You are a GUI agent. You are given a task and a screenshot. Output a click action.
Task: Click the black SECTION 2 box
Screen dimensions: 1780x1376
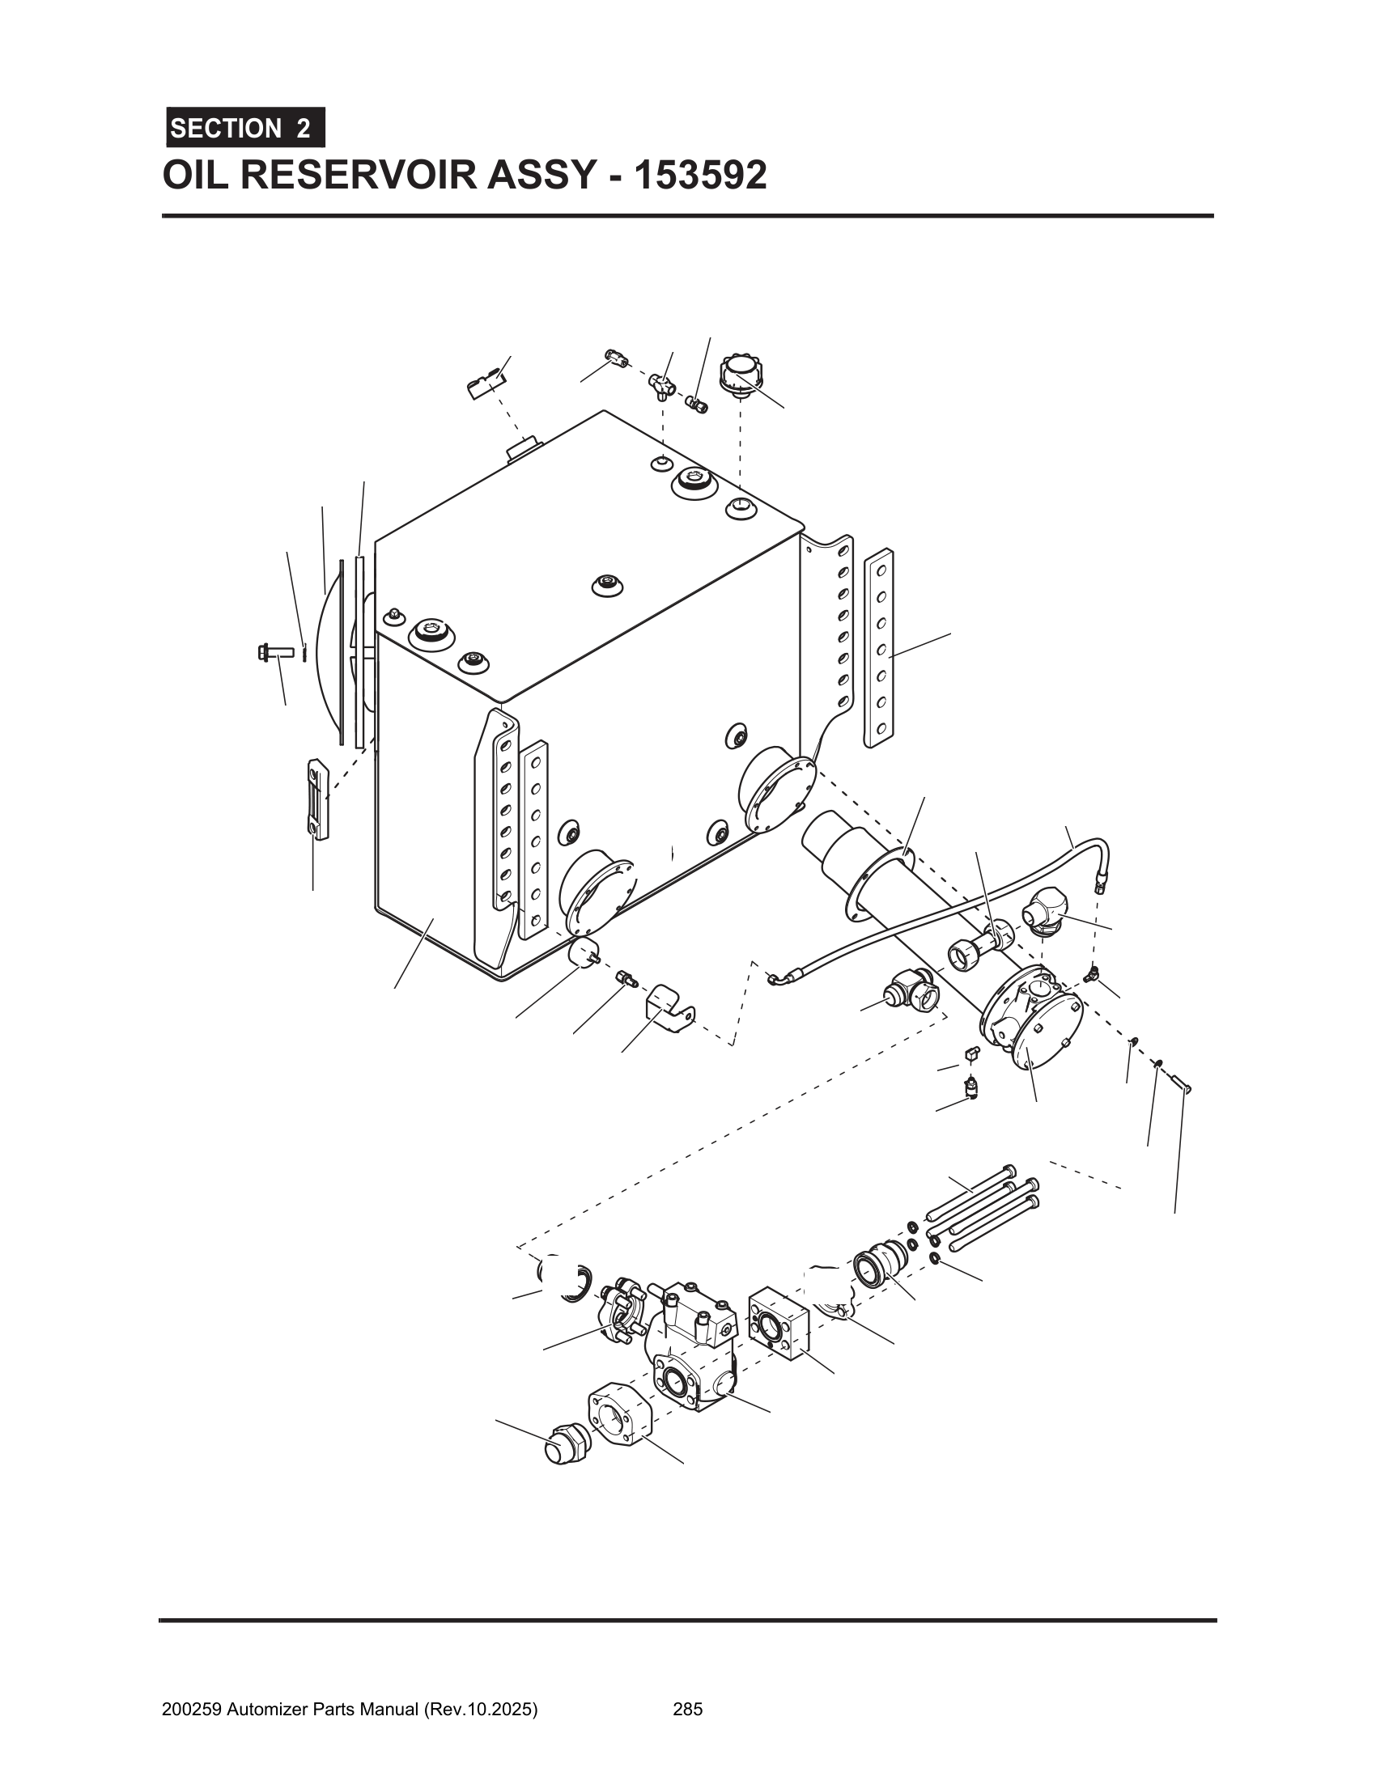(245, 128)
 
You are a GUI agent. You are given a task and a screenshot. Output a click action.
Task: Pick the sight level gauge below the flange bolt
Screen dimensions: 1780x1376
(316, 799)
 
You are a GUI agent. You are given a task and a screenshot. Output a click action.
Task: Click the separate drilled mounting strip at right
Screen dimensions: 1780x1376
(879, 648)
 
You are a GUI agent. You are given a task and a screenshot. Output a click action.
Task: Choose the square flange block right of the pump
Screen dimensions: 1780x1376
(778, 1322)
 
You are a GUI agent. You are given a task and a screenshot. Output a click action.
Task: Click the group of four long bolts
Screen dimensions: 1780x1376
(983, 1211)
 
